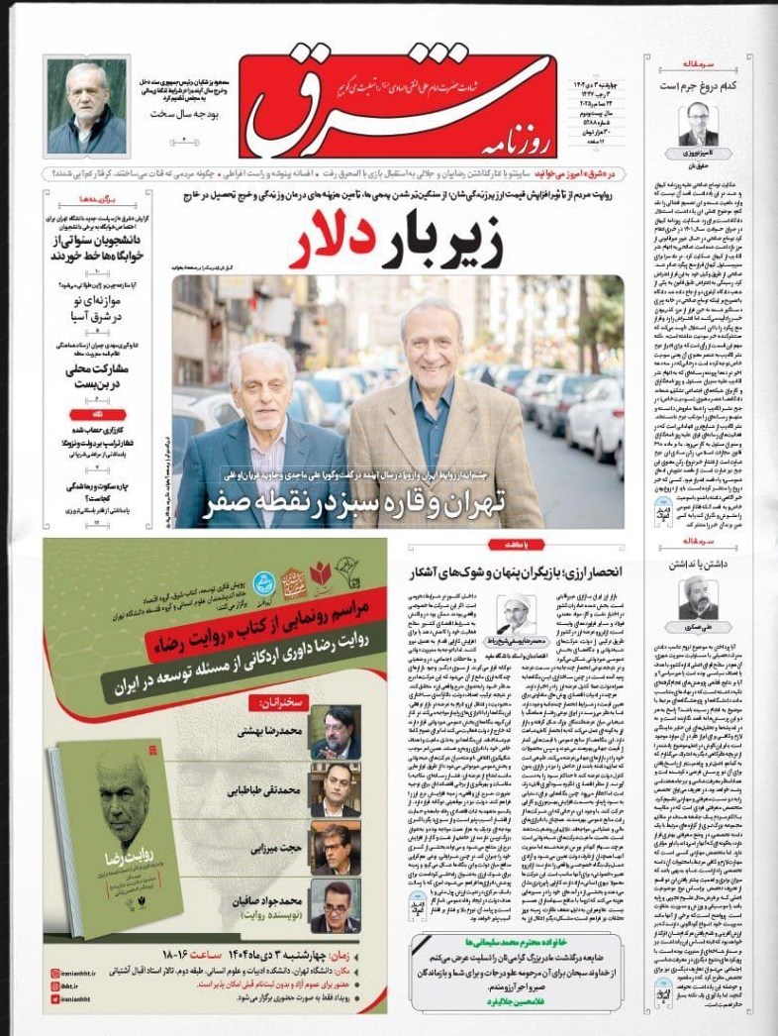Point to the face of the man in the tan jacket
coord(437,344)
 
